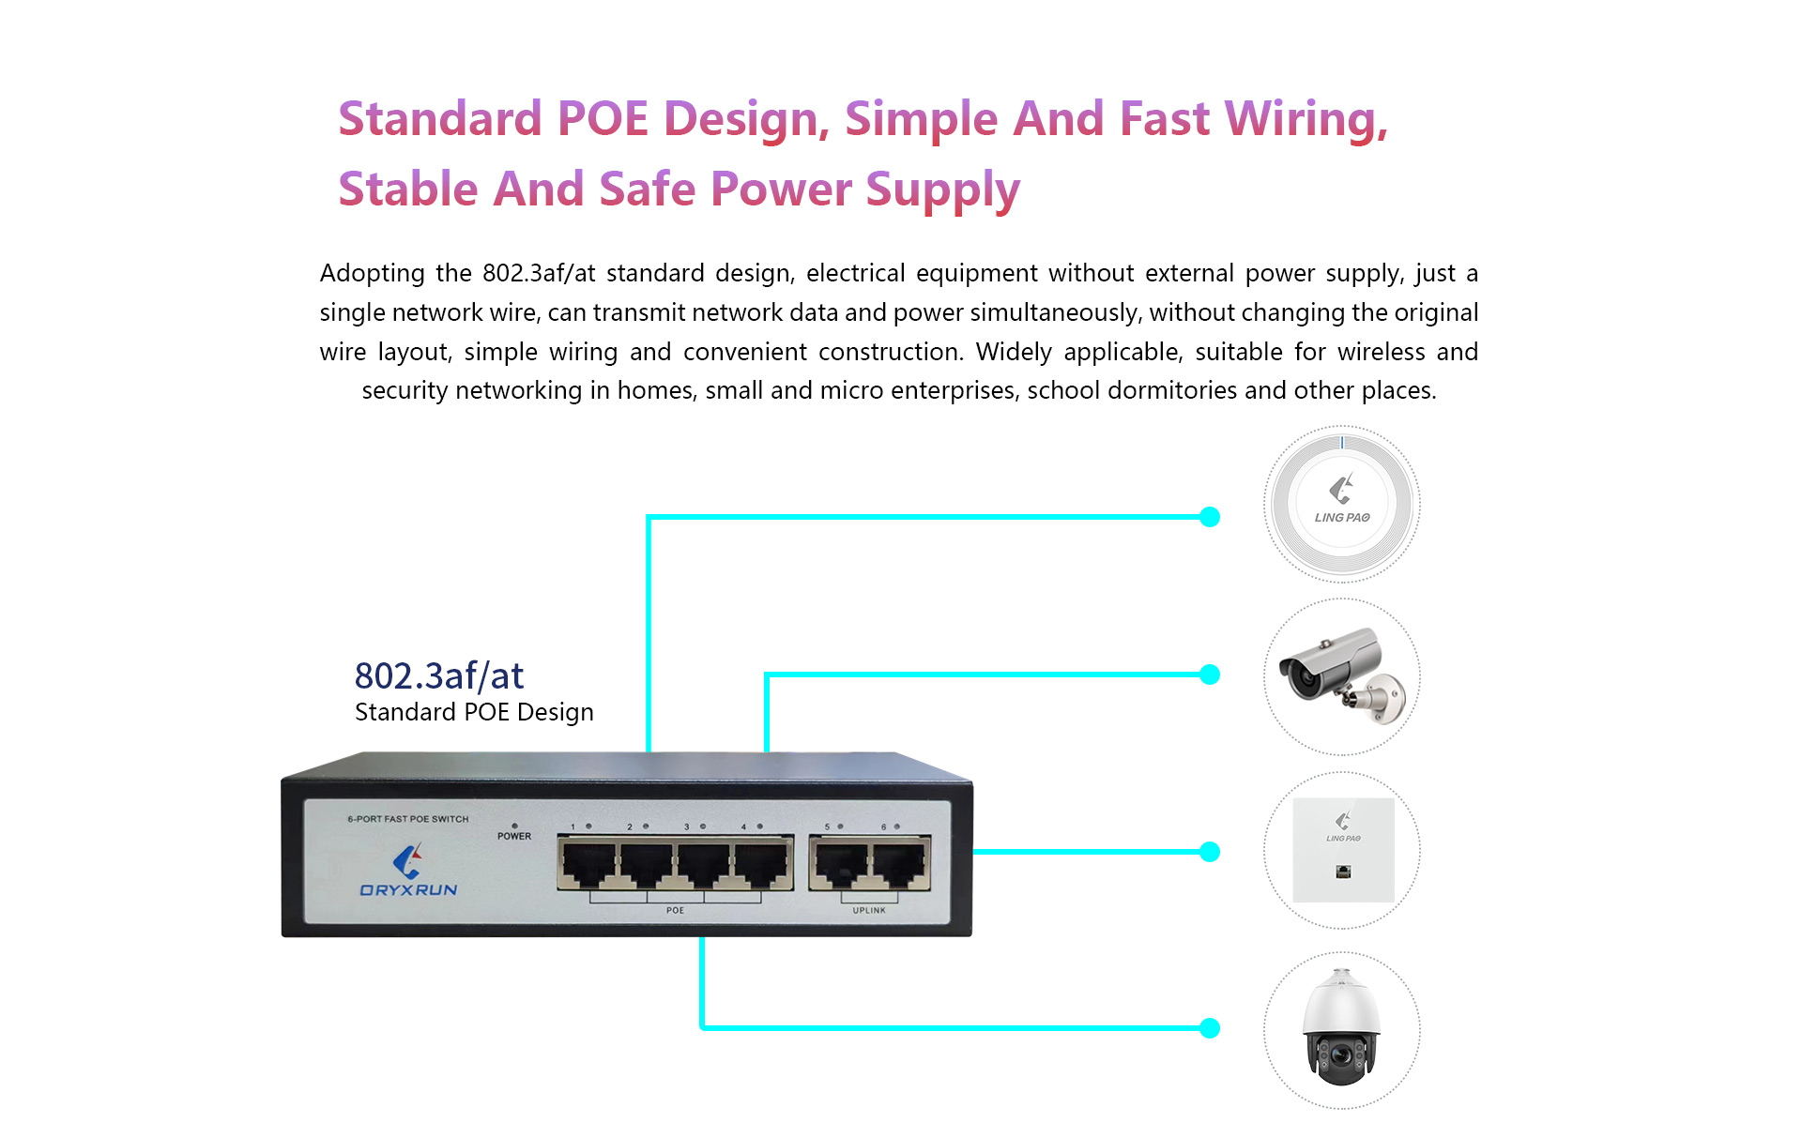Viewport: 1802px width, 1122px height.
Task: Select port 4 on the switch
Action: point(761,864)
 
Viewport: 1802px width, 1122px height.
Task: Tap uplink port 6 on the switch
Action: point(899,864)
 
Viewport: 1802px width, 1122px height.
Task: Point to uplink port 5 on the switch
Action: point(841,864)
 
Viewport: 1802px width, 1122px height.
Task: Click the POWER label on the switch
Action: point(514,836)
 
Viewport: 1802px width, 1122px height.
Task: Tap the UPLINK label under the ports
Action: point(869,910)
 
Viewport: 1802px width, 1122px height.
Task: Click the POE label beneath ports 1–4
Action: point(675,910)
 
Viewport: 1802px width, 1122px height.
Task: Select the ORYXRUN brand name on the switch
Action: point(408,889)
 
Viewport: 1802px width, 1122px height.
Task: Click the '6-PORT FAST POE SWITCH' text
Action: point(408,819)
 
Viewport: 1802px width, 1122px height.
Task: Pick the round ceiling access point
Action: point(1342,504)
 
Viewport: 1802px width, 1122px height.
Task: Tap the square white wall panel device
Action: point(1343,850)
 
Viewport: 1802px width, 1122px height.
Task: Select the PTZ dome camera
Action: point(1342,1029)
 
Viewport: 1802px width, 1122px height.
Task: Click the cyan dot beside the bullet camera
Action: point(1211,675)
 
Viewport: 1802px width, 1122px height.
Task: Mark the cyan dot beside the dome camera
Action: point(1211,1028)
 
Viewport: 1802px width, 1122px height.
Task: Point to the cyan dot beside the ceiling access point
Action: point(1211,517)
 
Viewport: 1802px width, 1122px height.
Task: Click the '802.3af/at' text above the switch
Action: point(439,675)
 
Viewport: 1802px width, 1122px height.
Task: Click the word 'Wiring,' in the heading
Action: point(1306,120)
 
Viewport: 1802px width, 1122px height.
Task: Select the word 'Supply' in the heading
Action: point(943,191)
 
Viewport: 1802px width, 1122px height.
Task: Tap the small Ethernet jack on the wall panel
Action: point(1343,872)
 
